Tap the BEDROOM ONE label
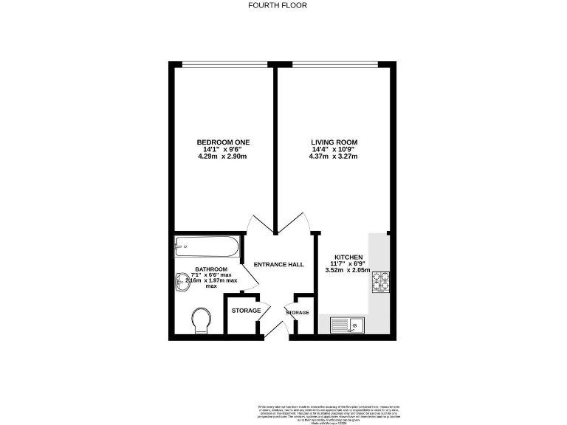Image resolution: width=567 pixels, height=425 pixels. (x=222, y=142)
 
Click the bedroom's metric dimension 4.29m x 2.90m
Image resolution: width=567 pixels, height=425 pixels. (x=222, y=157)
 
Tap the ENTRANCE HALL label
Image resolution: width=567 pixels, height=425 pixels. (x=279, y=264)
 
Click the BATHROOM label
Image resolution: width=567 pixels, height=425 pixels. (x=211, y=269)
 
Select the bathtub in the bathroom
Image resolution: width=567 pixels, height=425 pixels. (x=205, y=246)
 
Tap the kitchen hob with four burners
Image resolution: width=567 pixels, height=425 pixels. (x=381, y=281)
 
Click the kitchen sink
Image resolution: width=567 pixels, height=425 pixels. (x=345, y=324)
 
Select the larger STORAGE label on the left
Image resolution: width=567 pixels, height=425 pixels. (x=246, y=311)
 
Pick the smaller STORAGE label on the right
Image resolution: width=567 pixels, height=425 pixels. (x=298, y=313)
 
